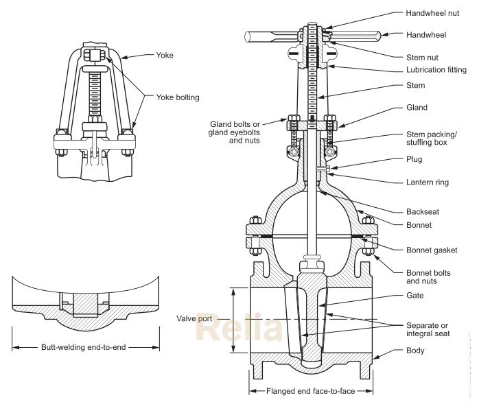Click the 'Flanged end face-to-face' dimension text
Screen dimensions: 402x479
(x=309, y=391)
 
